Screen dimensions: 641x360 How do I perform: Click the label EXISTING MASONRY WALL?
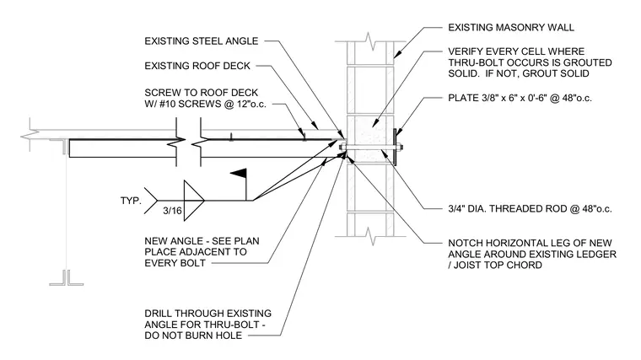pos(511,27)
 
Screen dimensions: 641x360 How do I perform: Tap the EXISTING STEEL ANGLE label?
pos(201,40)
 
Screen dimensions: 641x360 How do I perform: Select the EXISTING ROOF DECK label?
pos(197,66)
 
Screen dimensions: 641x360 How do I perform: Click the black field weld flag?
pos(239,173)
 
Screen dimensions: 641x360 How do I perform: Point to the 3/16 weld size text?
pos(172,211)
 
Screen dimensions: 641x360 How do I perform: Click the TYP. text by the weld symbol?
pos(131,201)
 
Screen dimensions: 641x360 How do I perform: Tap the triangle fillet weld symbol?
pos(194,201)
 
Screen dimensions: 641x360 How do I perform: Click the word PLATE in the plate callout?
pos(463,98)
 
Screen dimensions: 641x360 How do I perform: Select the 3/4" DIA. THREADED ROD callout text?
pos(530,209)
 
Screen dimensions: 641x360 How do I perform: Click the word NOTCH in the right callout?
pos(466,243)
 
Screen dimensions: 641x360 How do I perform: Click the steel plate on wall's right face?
pos(395,147)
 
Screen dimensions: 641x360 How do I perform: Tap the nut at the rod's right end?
pos(400,148)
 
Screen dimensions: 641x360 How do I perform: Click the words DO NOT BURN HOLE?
pos(193,336)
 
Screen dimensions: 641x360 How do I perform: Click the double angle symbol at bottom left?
pos(67,277)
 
